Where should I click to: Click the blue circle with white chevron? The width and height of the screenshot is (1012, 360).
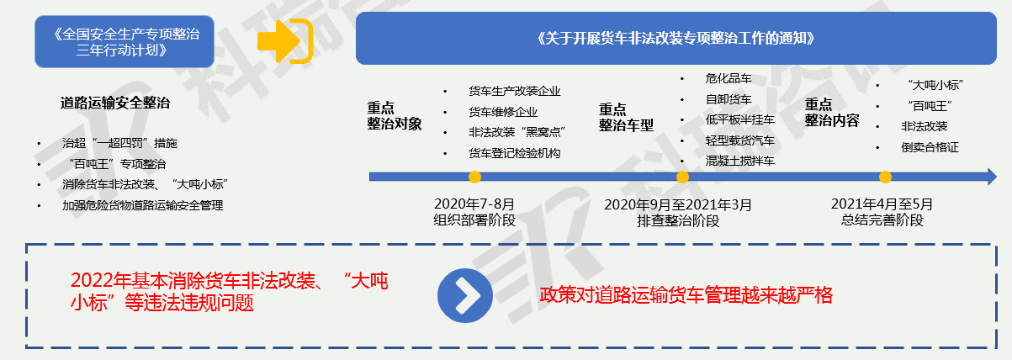pos(465,295)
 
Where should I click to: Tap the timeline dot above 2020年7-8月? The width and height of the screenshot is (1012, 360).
pos(474,177)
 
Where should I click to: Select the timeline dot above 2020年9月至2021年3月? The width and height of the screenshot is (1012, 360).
pos(682,177)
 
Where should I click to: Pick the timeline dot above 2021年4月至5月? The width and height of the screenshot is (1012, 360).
pos(885,177)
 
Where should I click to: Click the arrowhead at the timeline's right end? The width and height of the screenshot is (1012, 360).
pos(992,177)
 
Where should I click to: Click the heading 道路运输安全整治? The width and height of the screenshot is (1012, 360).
pos(115,103)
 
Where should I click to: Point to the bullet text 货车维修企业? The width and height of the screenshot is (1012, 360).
pos(503,112)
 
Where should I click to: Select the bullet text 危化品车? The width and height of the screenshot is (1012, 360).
pos(729,78)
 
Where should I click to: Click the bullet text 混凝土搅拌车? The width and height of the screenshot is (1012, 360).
pos(740,161)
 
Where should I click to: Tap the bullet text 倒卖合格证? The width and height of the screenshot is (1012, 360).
pos(930,147)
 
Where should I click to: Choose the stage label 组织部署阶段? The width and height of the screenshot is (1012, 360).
pos(474,220)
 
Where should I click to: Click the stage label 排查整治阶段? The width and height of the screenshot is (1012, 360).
pos(678,221)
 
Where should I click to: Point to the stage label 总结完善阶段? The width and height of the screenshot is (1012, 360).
pos(882,220)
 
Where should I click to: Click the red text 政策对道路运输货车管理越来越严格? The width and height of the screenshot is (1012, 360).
pos(686,295)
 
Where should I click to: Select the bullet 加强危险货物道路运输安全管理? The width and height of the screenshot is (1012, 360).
pos(143,205)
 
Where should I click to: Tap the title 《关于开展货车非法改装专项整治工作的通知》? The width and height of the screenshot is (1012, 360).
pos(676,39)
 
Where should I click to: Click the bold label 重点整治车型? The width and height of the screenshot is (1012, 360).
pos(626,118)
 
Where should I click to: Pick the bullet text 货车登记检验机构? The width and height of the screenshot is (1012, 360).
pos(514,154)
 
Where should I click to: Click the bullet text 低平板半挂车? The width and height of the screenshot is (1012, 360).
pos(740,119)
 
